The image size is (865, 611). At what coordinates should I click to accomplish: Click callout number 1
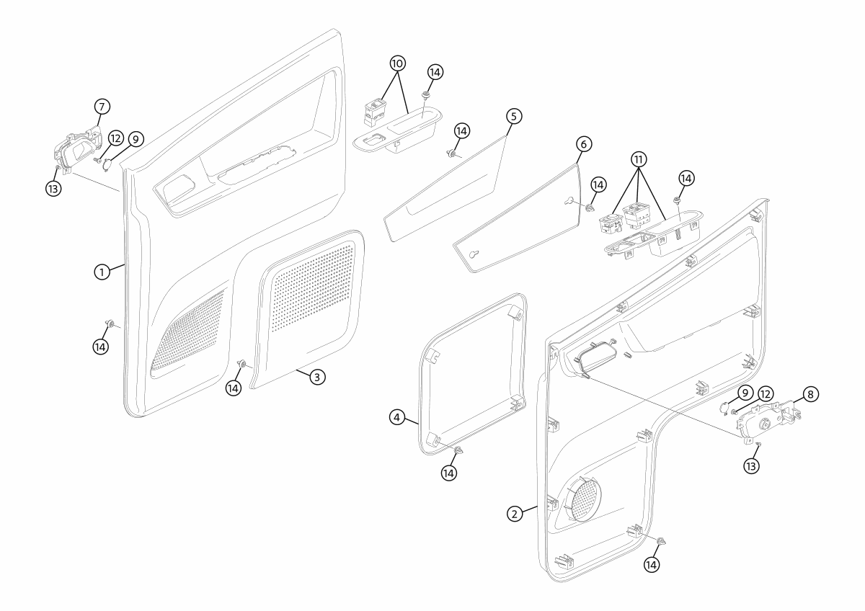point(103,272)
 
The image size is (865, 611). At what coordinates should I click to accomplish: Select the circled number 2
point(514,513)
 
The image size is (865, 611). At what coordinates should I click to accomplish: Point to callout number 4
point(397,416)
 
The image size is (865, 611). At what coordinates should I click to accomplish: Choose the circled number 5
point(513,115)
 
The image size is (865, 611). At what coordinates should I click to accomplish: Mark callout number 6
point(585,144)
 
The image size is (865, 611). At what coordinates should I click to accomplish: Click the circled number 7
point(102,106)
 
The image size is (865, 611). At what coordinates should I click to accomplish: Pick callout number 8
point(811,394)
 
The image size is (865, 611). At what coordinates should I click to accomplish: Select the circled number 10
point(397,63)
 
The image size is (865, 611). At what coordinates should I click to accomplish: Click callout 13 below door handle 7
point(53,188)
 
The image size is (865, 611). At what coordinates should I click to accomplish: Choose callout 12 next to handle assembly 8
point(765,394)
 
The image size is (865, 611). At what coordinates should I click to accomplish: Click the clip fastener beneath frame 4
point(458,451)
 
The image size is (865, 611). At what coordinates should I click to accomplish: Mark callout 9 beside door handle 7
point(135,138)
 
